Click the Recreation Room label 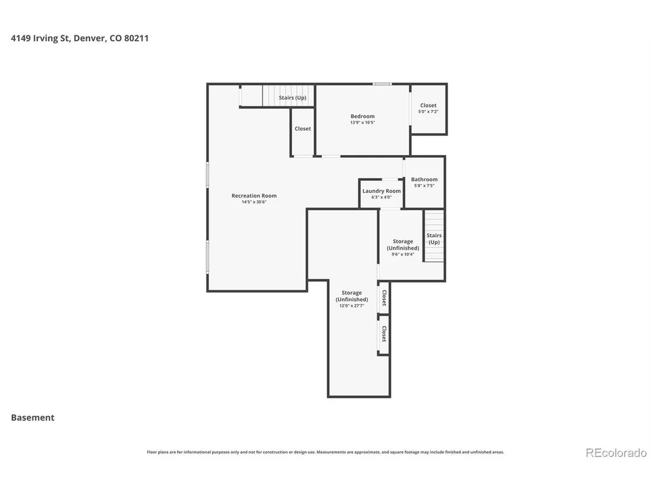[x=254, y=196]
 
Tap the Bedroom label [x=363, y=116]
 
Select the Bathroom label [x=424, y=179]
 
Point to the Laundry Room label [x=381, y=191]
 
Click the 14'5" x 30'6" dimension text [x=254, y=202]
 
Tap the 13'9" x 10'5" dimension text [x=363, y=122]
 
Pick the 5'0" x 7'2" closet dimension [x=428, y=112]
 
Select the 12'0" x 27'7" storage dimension [x=352, y=306]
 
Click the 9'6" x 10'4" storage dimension [x=402, y=254]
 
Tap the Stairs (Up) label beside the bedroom [x=292, y=97]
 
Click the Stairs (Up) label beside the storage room [x=434, y=238]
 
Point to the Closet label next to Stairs [x=303, y=129]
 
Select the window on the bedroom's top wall [x=382, y=84]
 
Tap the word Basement [x=33, y=418]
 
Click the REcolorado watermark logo [x=616, y=453]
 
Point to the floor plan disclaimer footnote [x=325, y=452]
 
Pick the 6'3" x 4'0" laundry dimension [x=381, y=197]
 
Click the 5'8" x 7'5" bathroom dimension [x=424, y=186]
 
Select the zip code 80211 [x=136, y=38]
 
